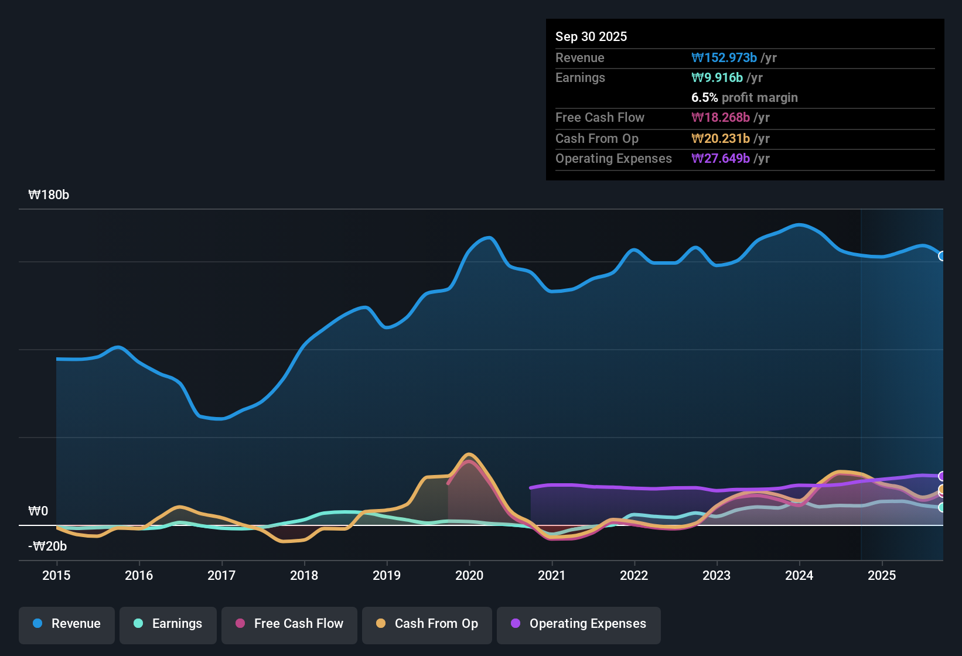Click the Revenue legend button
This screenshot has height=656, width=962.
(x=67, y=624)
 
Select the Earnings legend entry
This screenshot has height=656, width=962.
(x=168, y=624)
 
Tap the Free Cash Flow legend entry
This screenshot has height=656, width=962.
(x=289, y=624)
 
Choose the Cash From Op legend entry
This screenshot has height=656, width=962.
(x=427, y=624)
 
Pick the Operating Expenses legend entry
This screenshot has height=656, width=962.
(x=579, y=624)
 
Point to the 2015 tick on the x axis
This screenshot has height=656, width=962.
(x=56, y=575)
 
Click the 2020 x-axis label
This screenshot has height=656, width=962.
(x=469, y=575)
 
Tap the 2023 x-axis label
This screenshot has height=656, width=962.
(x=717, y=575)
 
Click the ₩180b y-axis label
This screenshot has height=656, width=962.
(x=49, y=195)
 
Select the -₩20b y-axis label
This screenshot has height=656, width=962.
(x=48, y=546)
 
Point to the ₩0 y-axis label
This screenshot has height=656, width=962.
(x=38, y=511)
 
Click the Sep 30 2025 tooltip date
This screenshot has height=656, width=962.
(x=591, y=36)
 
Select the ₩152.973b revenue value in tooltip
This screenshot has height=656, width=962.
(x=724, y=58)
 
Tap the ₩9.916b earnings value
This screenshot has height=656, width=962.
(x=717, y=78)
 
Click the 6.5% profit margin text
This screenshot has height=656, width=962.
(x=745, y=98)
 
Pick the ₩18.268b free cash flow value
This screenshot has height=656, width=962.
(x=721, y=118)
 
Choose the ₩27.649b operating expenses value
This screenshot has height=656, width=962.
(x=721, y=159)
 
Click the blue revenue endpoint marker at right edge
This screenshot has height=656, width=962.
(x=942, y=256)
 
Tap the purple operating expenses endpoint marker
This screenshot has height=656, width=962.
(x=942, y=476)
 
